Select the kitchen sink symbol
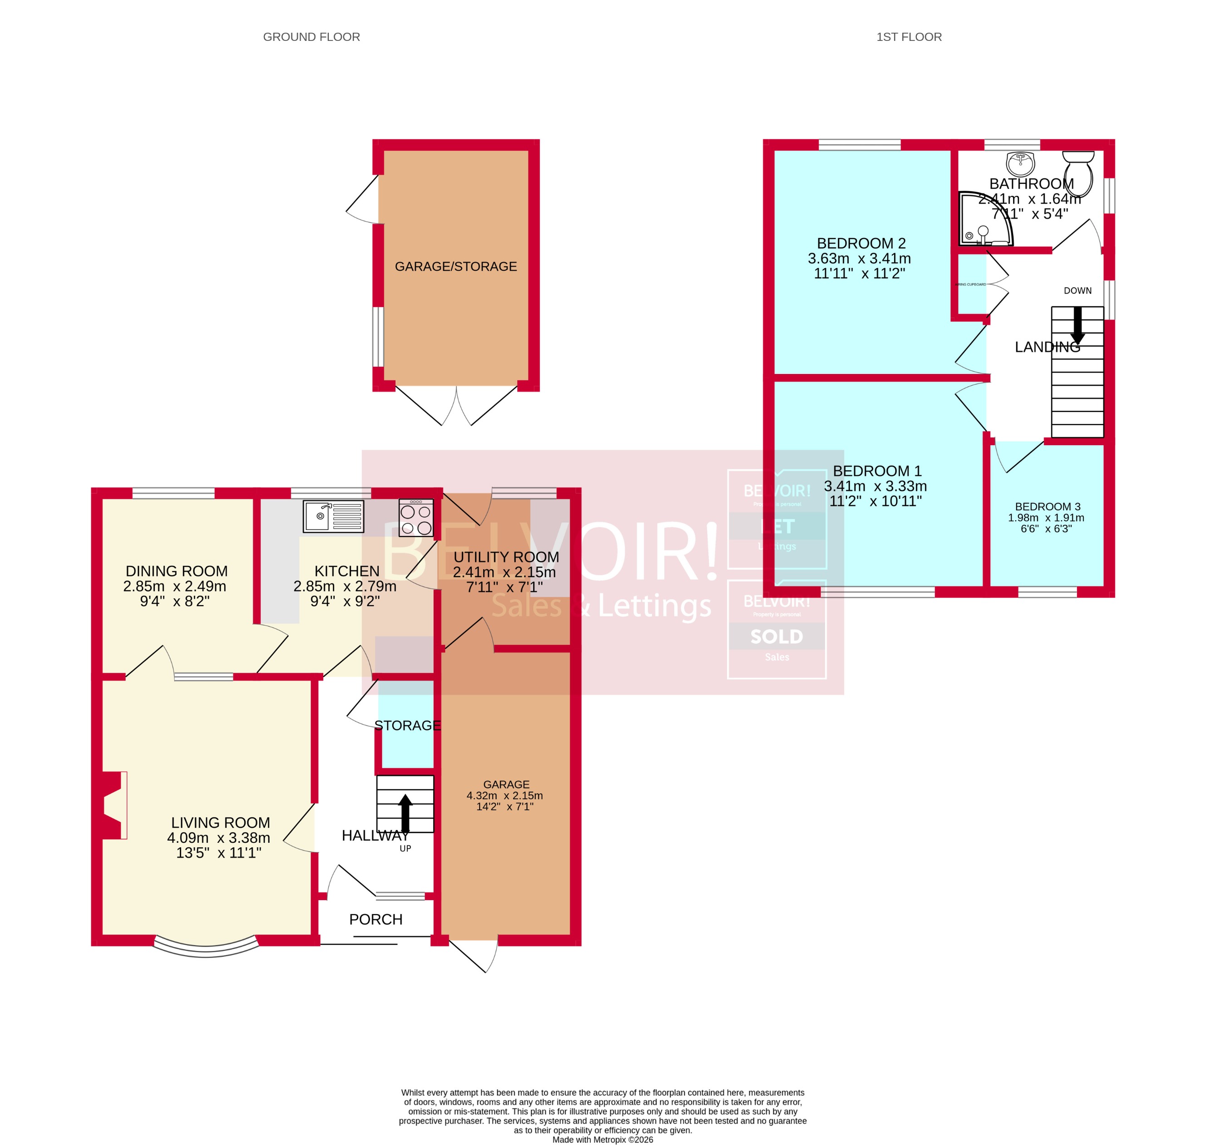pyautogui.click(x=333, y=516)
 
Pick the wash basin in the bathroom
pyautogui.click(x=1020, y=164)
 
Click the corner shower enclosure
pyautogui.click(x=984, y=220)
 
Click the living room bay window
pyautogui.click(x=206, y=947)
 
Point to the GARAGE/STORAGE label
pyautogui.click(x=456, y=267)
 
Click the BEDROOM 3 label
pyautogui.click(x=1048, y=507)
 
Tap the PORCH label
pyautogui.click(x=376, y=920)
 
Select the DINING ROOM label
pyautogui.click(x=176, y=571)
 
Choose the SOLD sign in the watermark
pyautogui.click(x=776, y=637)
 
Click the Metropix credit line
pyautogui.click(x=602, y=1140)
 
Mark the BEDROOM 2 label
pyautogui.click(x=861, y=244)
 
